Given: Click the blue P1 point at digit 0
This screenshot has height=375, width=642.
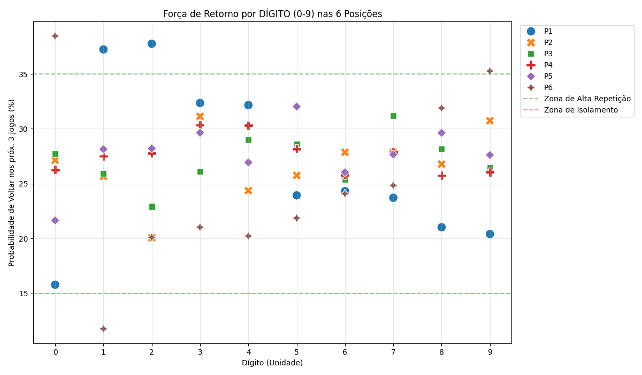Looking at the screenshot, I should pos(55,284).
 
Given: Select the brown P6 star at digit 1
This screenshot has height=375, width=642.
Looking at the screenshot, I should pos(103,329).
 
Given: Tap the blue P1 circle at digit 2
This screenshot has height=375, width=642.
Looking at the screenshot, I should pos(152,43).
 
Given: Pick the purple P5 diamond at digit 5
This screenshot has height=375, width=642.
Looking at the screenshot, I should pos(296,107).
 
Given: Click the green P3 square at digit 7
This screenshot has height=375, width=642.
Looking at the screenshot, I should pos(393,116).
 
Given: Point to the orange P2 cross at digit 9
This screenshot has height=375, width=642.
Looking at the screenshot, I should pos(490,121).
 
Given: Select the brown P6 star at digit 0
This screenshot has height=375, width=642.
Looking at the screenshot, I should pos(55,36).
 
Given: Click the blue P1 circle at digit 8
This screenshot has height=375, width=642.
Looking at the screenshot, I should pos(441,227).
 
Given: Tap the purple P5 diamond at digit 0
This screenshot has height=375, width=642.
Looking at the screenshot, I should pos(55,220).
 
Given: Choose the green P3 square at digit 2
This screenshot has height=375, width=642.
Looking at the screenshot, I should pos(152,207).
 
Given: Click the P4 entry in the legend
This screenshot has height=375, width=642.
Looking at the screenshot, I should pos(548,65).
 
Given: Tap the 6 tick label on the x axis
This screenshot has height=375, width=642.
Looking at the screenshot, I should pos(345,351).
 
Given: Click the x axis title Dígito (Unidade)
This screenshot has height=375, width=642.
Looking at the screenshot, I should pos(272,363).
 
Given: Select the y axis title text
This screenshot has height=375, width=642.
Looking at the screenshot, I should pos(12,183).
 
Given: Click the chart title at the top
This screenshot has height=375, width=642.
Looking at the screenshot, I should pos(272,14).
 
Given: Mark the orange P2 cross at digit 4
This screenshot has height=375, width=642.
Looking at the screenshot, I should pos(248,190).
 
